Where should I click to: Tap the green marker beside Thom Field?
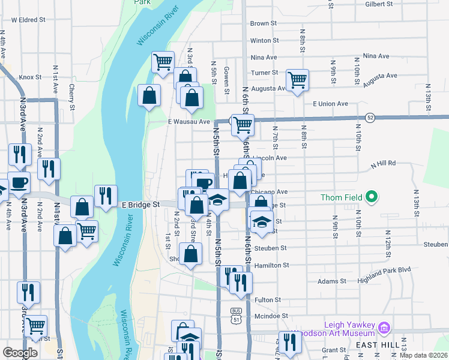coord(372,196)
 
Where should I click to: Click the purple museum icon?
coord(384,328)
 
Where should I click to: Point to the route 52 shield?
coord(371,118)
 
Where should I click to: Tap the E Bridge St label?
coord(140,205)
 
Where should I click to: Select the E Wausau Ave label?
coord(188,122)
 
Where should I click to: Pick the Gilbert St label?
coord(379,4)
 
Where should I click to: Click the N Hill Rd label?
coord(384,163)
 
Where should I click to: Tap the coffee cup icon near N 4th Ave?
coord(17,182)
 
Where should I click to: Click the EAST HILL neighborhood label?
coord(374,346)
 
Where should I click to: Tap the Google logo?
coord(20,353)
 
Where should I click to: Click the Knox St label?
coord(29,77)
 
